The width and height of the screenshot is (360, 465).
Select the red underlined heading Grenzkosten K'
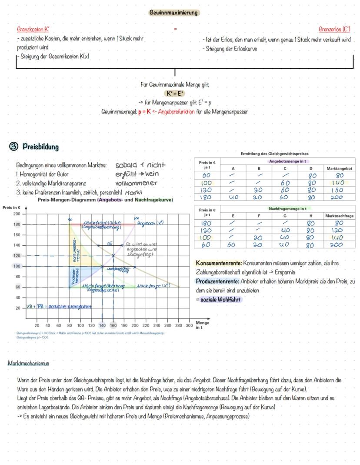click(x=33, y=30)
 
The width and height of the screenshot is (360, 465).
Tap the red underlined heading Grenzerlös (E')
click(x=334, y=30)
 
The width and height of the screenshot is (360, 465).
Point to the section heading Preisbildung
click(x=40, y=147)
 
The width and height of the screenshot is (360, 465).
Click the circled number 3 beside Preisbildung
click(x=15, y=147)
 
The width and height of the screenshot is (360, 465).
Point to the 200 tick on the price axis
click(x=17, y=214)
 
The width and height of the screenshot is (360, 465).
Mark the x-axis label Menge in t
click(x=203, y=325)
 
